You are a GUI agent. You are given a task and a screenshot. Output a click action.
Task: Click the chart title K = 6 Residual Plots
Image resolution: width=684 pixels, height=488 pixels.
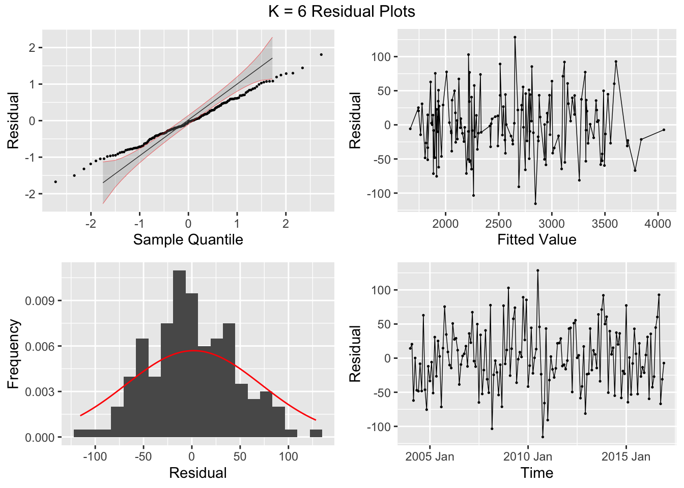(341, 11)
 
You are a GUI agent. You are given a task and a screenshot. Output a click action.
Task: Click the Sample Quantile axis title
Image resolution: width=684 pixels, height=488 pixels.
(188, 239)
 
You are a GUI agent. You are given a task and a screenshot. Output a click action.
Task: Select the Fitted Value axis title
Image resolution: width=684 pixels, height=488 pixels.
(537, 239)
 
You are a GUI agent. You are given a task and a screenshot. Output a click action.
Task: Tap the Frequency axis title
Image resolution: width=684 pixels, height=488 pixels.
(13, 354)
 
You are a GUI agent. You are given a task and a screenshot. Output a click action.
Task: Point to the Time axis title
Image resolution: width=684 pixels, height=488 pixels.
(537, 473)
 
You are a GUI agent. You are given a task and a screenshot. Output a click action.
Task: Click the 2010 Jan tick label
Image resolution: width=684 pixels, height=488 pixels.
(528, 456)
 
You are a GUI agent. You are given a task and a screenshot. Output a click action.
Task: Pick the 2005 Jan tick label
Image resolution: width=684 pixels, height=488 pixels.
(430, 456)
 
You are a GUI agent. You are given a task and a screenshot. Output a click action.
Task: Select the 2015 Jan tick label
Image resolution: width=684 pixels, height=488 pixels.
(625, 456)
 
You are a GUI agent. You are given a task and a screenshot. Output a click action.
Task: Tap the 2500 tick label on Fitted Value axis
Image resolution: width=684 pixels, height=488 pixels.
(498, 224)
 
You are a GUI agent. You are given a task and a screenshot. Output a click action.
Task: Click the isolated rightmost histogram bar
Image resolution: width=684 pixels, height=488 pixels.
(316, 434)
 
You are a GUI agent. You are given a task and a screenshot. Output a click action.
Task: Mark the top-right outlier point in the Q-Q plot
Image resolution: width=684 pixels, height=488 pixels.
(321, 54)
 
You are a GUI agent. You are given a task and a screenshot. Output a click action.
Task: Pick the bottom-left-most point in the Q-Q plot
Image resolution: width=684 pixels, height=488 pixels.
(55, 181)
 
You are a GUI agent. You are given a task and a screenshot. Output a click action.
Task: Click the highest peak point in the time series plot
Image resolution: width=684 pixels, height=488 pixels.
(537, 270)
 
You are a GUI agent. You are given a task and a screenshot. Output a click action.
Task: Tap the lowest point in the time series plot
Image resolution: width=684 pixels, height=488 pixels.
(543, 437)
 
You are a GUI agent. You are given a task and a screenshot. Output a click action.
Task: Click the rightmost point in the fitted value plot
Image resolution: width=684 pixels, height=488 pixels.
(664, 130)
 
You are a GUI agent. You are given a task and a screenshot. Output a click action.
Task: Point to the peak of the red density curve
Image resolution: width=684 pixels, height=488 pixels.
(192, 351)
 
